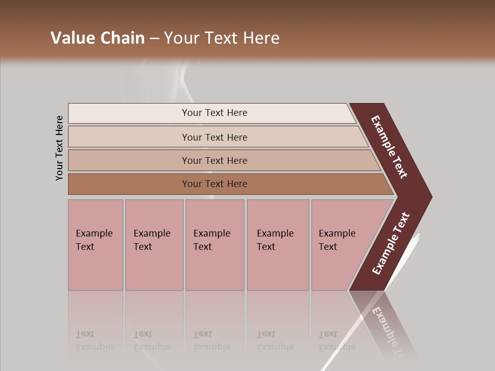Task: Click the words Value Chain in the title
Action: click(97, 38)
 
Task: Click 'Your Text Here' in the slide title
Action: click(222, 38)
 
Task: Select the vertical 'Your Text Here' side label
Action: click(59, 148)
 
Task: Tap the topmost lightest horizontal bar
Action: click(214, 113)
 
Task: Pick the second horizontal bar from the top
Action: click(214, 137)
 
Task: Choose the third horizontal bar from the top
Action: click(214, 160)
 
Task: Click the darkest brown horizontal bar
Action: click(214, 184)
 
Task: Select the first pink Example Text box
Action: click(95, 244)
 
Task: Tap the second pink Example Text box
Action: click(154, 244)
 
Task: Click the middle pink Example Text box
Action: click(214, 244)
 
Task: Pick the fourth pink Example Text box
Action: click(277, 244)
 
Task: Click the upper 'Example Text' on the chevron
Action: click(389, 147)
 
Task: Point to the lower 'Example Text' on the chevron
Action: click(391, 243)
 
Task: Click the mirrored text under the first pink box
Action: click(94, 341)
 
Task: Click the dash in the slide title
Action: click(154, 38)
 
